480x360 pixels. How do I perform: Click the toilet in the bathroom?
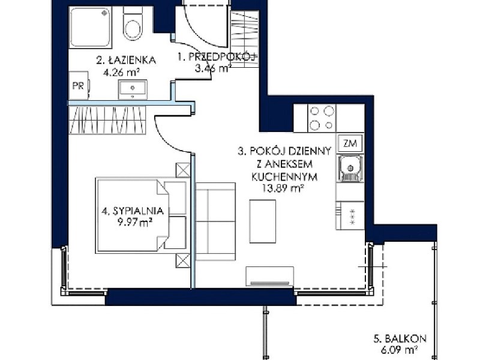[x=133, y=23]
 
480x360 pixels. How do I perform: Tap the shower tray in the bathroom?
[x=90, y=27]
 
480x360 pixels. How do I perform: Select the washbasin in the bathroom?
[x=133, y=89]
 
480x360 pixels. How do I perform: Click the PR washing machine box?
[x=79, y=85]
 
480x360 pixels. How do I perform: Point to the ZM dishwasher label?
[x=350, y=143]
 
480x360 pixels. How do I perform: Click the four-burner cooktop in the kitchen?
[x=322, y=118]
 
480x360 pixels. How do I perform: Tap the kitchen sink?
[x=350, y=169]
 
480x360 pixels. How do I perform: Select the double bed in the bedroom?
[x=142, y=215]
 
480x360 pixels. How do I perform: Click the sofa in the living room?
[x=215, y=221]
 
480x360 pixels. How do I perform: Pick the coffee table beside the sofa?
[x=263, y=221]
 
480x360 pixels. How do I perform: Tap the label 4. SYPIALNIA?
[x=133, y=211]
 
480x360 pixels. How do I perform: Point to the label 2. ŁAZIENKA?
[x=126, y=61]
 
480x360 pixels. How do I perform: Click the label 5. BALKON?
[x=400, y=339]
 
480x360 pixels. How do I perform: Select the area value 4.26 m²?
[x=121, y=73]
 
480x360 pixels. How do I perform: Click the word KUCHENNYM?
[x=284, y=176]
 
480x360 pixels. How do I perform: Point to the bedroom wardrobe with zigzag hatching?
[x=107, y=119]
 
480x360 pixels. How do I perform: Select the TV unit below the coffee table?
[x=269, y=277]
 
